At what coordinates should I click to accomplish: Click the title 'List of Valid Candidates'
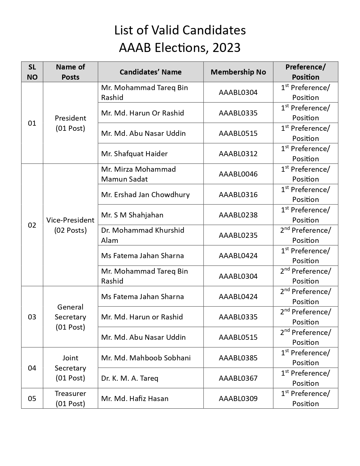point(180,30)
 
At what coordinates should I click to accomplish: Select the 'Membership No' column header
point(238,72)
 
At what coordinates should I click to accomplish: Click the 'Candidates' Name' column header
point(150,72)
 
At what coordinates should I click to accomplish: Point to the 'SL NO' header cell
point(32,72)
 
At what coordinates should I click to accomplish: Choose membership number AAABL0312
point(238,154)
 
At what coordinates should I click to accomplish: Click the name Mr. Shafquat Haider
point(134,154)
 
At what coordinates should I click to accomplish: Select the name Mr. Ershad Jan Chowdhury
point(145,195)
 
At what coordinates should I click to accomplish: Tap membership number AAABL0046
point(238,174)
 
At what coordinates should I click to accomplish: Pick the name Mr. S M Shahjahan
point(132,215)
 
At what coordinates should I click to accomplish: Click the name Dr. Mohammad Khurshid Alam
point(143,235)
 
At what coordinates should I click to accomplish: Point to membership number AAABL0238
point(238,215)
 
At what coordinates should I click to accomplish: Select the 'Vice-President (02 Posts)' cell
point(70,225)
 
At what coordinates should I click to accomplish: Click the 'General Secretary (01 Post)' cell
point(70,317)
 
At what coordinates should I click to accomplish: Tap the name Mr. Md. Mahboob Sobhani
point(146,358)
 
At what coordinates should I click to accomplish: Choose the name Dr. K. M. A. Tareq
point(130,378)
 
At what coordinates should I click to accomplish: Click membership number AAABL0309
point(238,399)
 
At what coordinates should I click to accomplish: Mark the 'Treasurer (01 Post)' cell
point(70,398)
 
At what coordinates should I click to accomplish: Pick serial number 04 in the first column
point(32,368)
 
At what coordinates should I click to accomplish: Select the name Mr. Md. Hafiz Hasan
point(135,399)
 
